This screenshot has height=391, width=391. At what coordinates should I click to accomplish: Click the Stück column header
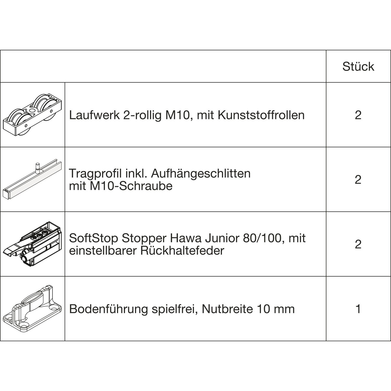click(x=358, y=66)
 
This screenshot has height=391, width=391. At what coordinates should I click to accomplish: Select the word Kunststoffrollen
click(x=261, y=115)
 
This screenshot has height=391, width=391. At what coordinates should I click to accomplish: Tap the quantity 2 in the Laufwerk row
click(x=358, y=115)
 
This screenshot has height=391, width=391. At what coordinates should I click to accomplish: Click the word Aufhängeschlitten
click(x=201, y=173)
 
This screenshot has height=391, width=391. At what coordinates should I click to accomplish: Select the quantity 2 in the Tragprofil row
click(x=358, y=180)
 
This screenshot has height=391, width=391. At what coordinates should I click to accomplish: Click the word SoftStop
click(x=94, y=238)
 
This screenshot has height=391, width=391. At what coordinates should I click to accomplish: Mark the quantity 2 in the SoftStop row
click(x=358, y=244)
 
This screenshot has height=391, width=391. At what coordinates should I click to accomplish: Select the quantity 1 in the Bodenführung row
click(x=358, y=309)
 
